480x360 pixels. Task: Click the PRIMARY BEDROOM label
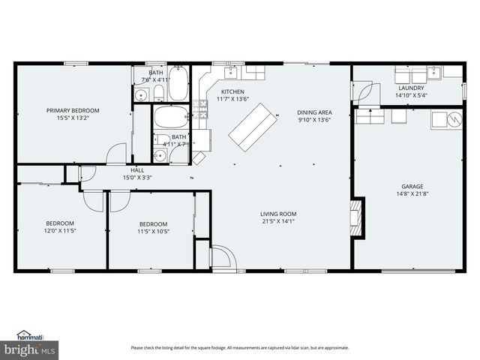[73, 110]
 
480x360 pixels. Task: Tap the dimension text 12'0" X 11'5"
[60, 230]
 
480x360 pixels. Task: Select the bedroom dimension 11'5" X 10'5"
[153, 231]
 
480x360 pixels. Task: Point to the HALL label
[137, 170]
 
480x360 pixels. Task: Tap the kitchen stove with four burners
[200, 109]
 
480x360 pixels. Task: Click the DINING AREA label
[314, 112]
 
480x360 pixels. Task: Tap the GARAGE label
[412, 186]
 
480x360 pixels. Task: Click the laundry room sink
[434, 73]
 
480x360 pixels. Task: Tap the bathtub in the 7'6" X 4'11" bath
[178, 85]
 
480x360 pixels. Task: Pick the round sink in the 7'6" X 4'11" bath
[141, 95]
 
